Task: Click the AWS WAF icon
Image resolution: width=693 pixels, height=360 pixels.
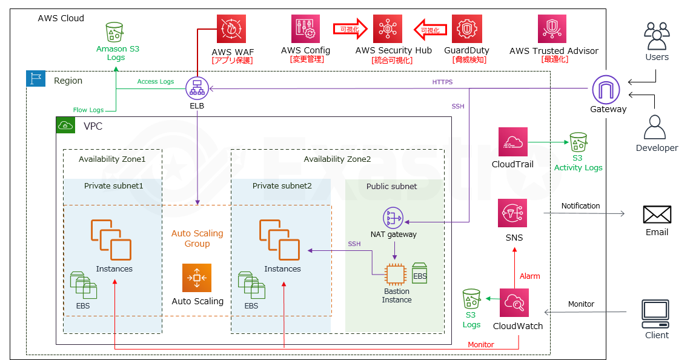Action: (x=232, y=28)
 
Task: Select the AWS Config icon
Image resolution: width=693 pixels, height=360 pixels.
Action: (x=305, y=28)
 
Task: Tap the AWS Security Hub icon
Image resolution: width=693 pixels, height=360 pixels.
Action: (x=388, y=28)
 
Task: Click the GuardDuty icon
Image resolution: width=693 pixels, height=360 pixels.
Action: (x=466, y=28)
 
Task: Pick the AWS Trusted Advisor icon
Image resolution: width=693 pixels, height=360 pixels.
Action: (x=552, y=28)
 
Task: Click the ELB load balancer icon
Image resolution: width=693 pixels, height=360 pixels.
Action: (x=197, y=89)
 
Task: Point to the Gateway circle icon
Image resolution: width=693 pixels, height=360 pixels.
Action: (x=608, y=90)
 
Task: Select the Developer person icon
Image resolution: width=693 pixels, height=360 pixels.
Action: (x=656, y=128)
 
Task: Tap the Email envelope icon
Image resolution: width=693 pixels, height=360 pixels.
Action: (x=657, y=215)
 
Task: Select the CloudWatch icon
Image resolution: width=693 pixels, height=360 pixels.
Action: (x=516, y=302)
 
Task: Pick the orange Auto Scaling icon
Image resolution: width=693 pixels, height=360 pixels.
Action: (x=197, y=278)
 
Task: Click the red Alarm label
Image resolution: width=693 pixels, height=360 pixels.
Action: (x=530, y=276)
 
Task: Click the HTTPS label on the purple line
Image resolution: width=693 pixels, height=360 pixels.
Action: (x=442, y=82)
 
